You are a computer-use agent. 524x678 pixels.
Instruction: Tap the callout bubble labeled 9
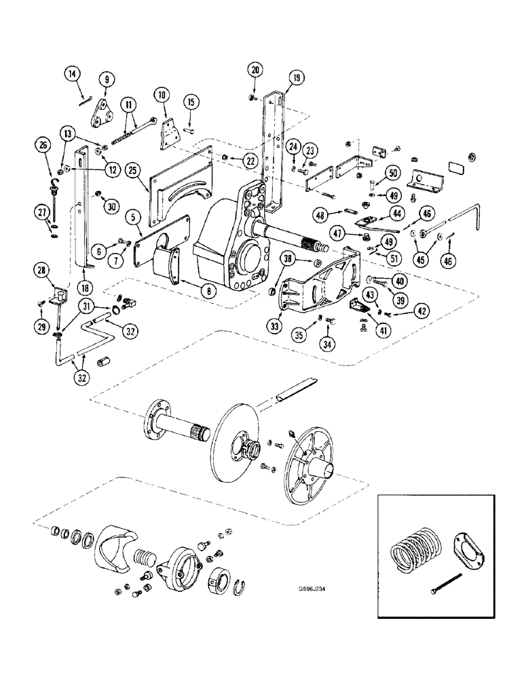[x=106, y=79]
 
